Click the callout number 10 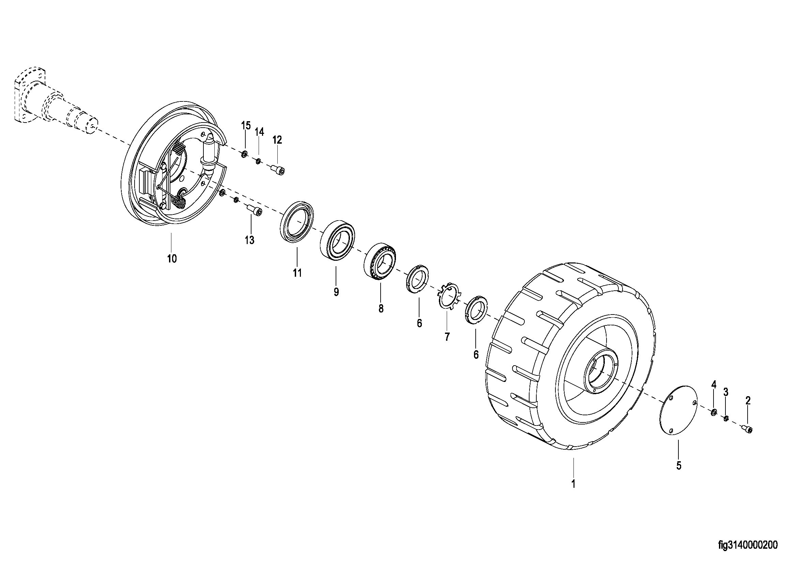coord(172,259)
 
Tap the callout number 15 coord(246,126)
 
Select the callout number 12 coord(277,140)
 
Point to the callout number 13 coord(249,240)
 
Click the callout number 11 coord(297,273)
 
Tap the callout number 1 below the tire coord(573,484)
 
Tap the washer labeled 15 coord(244,154)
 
